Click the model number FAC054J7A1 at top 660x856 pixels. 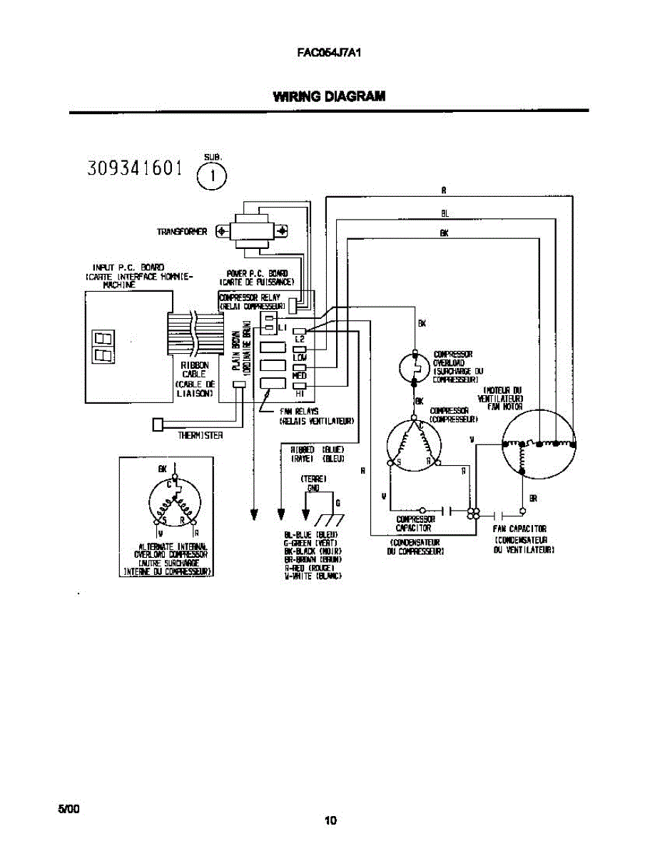click(x=330, y=52)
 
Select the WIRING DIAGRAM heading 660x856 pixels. click(x=330, y=97)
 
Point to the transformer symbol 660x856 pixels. click(x=253, y=230)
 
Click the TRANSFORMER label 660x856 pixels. click(x=182, y=232)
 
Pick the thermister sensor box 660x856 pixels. click(x=158, y=424)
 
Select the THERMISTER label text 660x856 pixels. click(x=200, y=436)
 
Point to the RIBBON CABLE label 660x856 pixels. click(x=194, y=369)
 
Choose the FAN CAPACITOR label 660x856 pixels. click(x=520, y=529)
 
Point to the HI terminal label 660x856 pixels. click(x=300, y=393)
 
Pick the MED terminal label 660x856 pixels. click(x=300, y=375)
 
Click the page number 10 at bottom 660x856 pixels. click(x=330, y=821)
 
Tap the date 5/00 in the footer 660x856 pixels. click(x=68, y=808)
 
